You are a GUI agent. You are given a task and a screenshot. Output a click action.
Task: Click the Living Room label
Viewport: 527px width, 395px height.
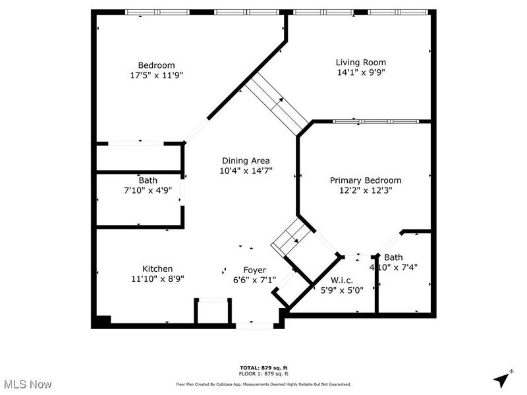tap(360, 63)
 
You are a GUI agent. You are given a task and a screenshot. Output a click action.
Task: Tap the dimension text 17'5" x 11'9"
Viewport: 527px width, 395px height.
tap(156, 75)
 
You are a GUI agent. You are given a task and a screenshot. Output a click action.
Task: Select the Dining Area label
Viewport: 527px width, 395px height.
tap(245, 160)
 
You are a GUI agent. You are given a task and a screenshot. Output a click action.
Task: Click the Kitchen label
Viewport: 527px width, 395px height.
tap(157, 269)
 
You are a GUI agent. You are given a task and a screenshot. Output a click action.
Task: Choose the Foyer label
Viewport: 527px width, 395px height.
tap(254, 270)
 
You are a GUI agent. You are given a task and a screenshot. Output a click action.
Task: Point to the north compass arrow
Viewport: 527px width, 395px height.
tap(503, 379)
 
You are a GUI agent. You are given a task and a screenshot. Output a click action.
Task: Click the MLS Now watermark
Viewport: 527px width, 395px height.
tap(28, 384)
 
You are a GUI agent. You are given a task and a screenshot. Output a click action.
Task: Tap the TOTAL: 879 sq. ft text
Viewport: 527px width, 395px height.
tap(263, 367)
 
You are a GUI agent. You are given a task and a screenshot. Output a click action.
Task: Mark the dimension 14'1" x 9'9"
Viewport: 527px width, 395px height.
tap(360, 72)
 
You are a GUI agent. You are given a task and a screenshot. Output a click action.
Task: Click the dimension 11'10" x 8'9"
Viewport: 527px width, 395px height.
tap(157, 278)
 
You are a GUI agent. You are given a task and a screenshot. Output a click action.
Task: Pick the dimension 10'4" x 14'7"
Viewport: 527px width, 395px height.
tap(245, 171)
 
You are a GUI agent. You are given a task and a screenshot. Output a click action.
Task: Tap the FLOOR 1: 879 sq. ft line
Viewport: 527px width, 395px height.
tap(263, 373)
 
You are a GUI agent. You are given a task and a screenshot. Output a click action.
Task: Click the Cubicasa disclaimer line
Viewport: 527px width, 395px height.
tap(263, 384)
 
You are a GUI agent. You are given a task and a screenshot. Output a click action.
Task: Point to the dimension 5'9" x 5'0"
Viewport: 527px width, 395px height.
tap(341, 289)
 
